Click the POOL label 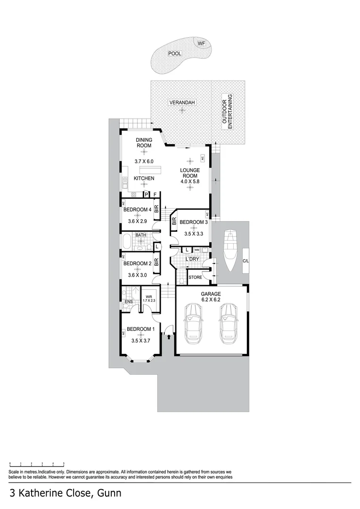click(x=175, y=54)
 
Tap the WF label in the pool click(x=201, y=44)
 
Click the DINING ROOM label click(x=144, y=143)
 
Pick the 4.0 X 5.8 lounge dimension click(x=189, y=181)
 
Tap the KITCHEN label click(x=144, y=179)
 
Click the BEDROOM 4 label click(x=137, y=210)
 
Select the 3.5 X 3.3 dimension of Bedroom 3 click(x=194, y=233)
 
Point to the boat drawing click(x=231, y=250)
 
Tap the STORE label click(x=195, y=278)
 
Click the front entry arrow click(x=169, y=337)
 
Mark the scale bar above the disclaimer click(x=37, y=464)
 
